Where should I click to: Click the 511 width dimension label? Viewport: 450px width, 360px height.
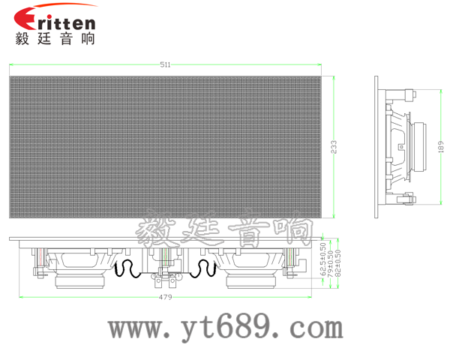point(165,64)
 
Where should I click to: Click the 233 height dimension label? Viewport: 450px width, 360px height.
point(334,147)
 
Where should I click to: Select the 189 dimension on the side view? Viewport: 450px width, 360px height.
point(442,147)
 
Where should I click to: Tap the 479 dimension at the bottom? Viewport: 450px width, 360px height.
point(165,297)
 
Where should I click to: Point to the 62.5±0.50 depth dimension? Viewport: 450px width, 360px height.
point(323,259)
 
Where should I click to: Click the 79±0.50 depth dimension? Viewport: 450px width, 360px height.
point(331,263)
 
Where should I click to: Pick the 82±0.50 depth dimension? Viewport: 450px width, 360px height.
point(338,263)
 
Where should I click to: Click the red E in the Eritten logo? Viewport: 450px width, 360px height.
point(25,18)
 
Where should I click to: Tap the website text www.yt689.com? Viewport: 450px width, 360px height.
point(226,328)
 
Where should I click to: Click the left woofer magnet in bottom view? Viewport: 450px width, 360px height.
point(79,281)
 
